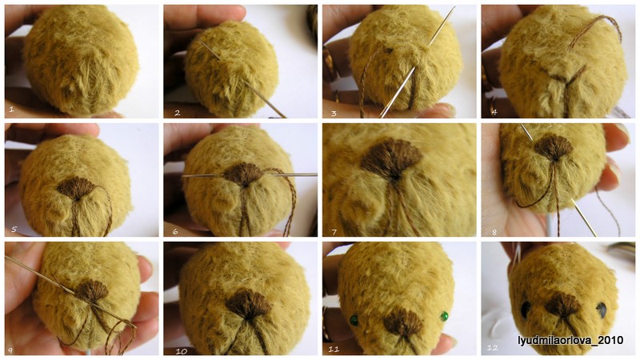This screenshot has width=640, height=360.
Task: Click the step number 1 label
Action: click(x=12, y=109)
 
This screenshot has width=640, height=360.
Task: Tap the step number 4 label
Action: click(x=494, y=111)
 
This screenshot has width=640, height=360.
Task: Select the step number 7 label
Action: click(x=334, y=232)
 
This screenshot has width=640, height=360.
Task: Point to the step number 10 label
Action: click(x=182, y=351)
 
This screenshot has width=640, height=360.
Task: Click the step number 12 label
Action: click(x=492, y=347)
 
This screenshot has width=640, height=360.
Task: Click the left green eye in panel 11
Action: click(x=354, y=320)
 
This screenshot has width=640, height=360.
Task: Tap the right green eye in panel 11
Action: click(x=444, y=316)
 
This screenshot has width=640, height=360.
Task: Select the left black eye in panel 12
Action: click(x=526, y=310)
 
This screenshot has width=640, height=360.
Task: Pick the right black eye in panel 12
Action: click(x=602, y=310)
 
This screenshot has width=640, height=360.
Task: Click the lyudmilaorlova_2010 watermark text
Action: click(x=570, y=340)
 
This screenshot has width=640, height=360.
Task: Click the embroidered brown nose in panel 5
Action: click(x=76, y=188)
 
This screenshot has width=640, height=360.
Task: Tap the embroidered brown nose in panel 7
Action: click(x=390, y=158)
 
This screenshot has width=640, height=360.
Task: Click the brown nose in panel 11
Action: click(x=403, y=322)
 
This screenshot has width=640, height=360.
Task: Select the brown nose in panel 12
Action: click(x=563, y=305)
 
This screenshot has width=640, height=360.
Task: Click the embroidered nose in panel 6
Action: click(x=243, y=174)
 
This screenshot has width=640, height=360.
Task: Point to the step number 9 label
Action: click(x=10, y=350)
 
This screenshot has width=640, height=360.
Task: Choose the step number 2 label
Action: click(x=177, y=113)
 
